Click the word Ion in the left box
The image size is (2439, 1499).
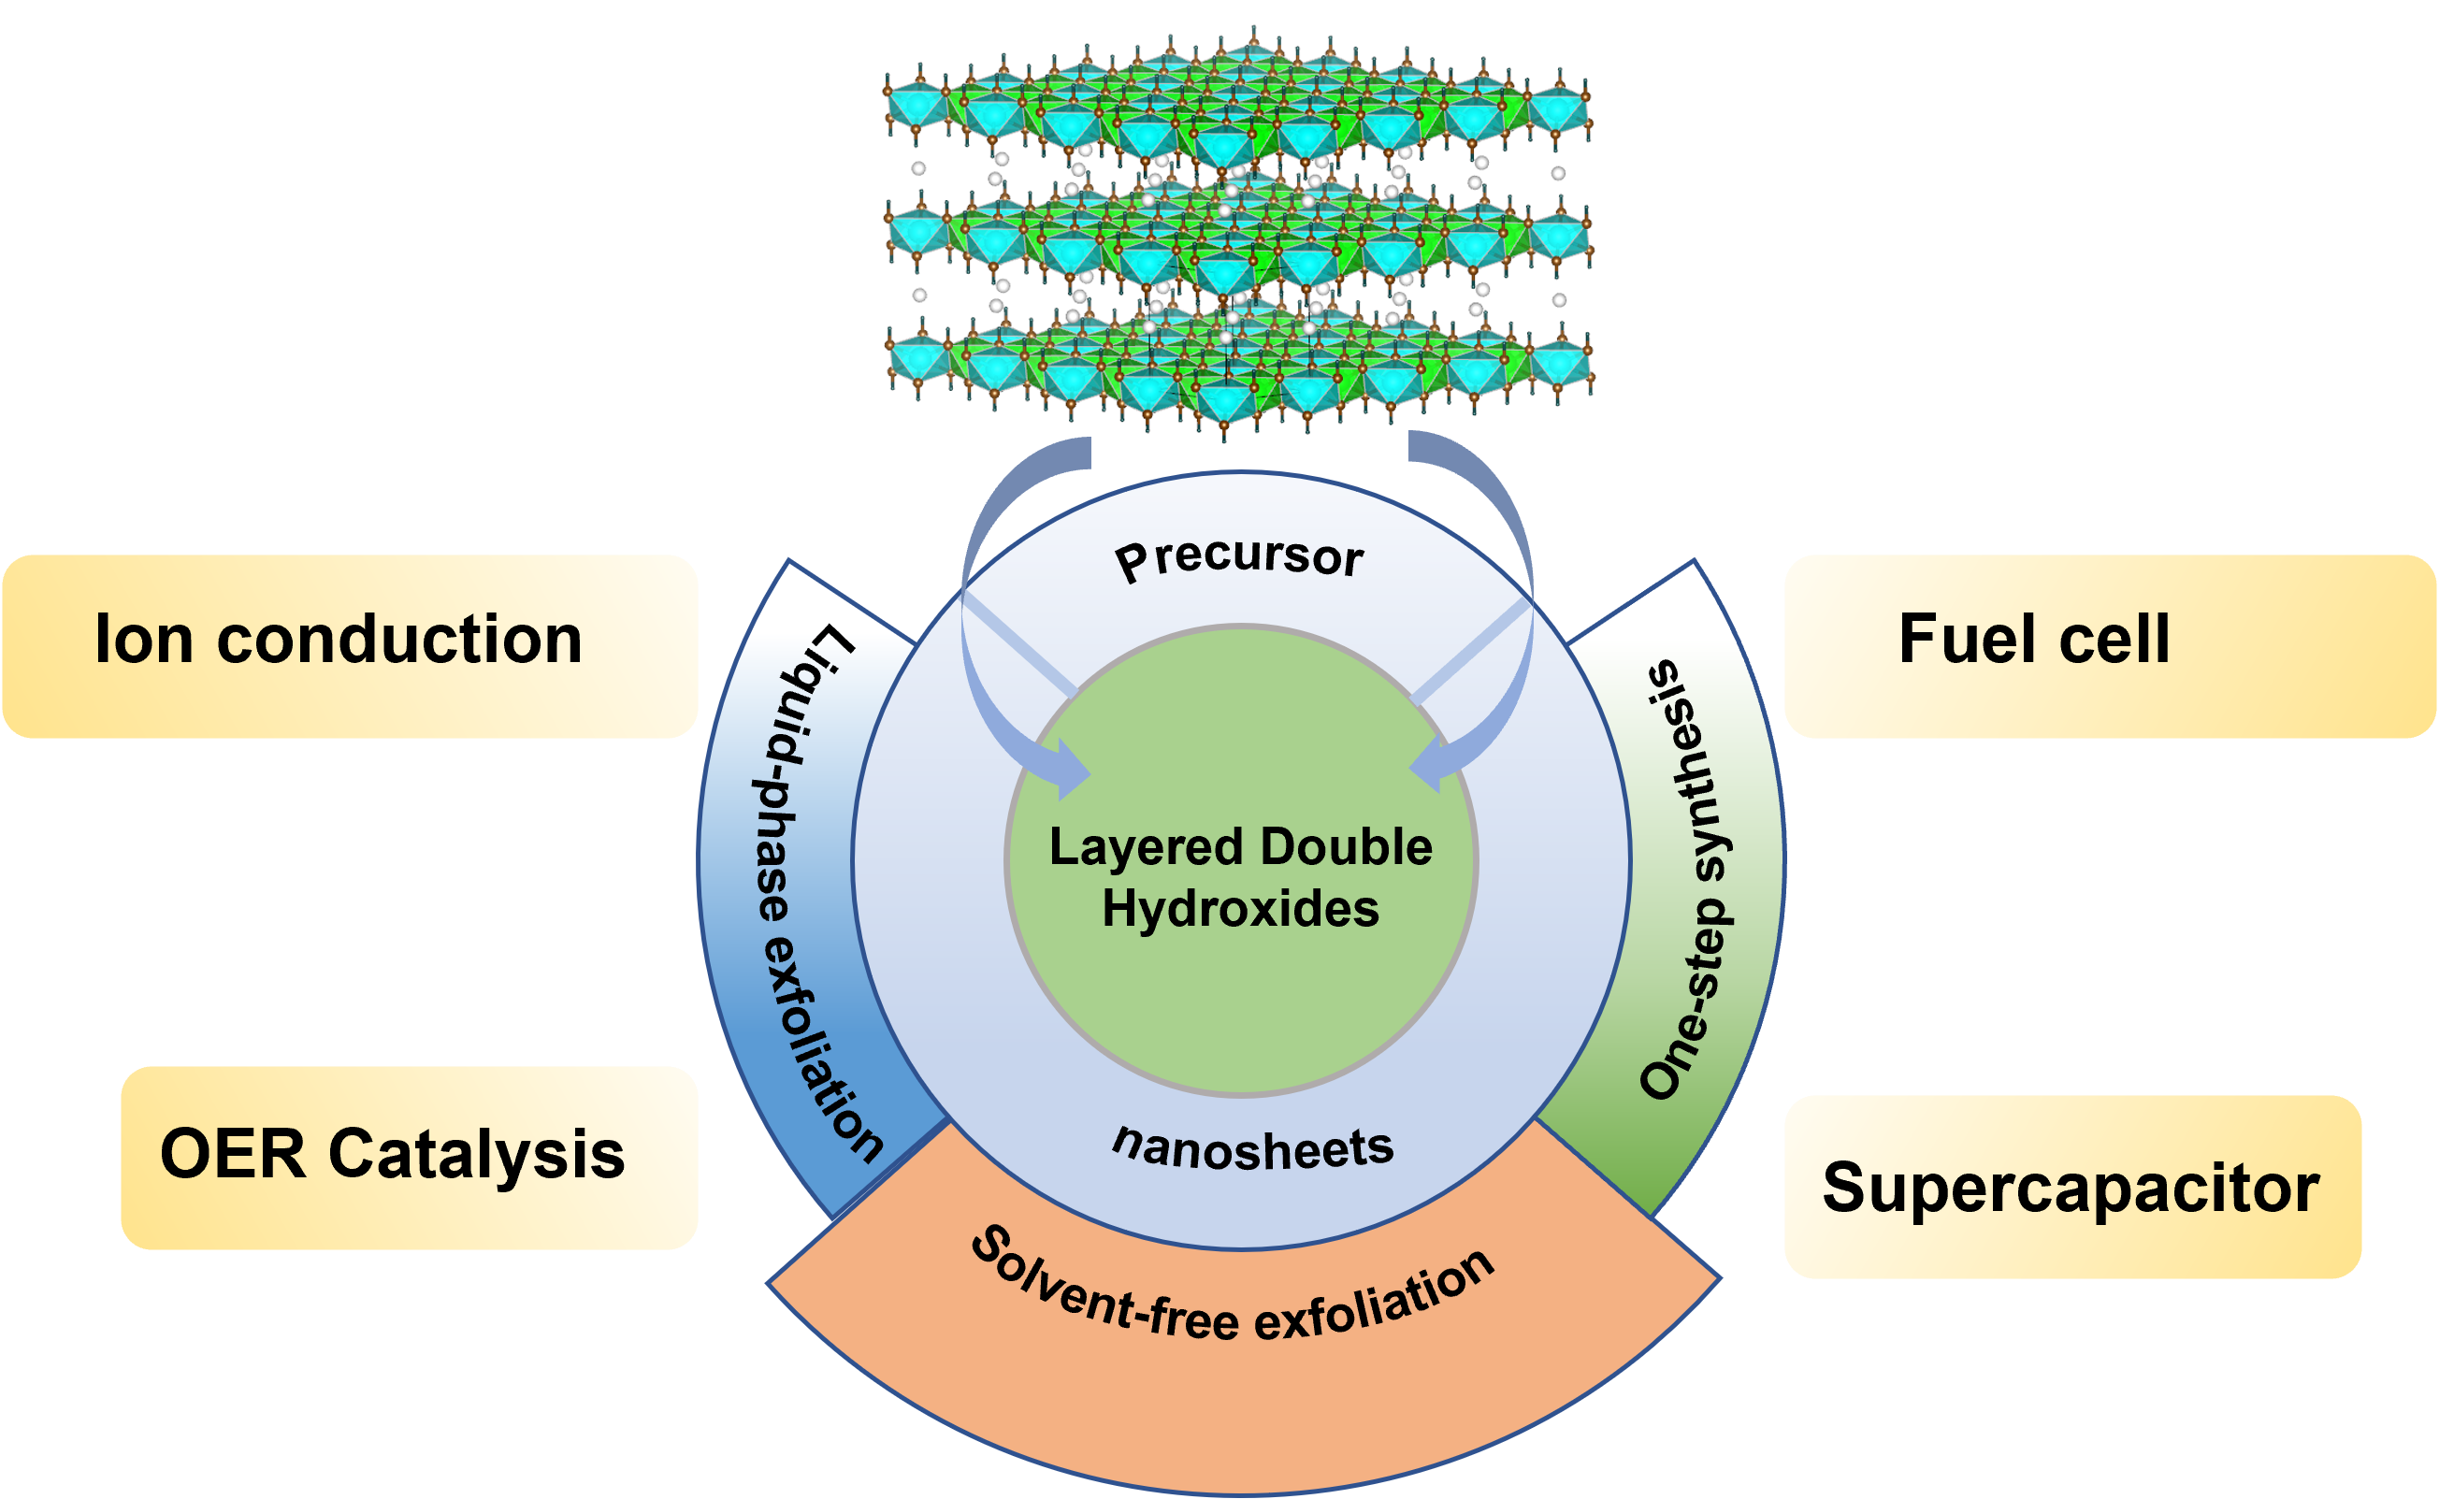click(x=143, y=640)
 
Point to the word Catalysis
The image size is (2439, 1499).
click(x=476, y=1156)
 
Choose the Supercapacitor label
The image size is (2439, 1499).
click(x=2071, y=1188)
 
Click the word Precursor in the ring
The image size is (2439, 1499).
click(x=1239, y=558)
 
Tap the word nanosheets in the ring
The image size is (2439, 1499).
click(x=1253, y=1148)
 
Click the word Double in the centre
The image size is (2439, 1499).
click(x=1347, y=847)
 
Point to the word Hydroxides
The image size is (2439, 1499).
click(x=1240, y=909)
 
